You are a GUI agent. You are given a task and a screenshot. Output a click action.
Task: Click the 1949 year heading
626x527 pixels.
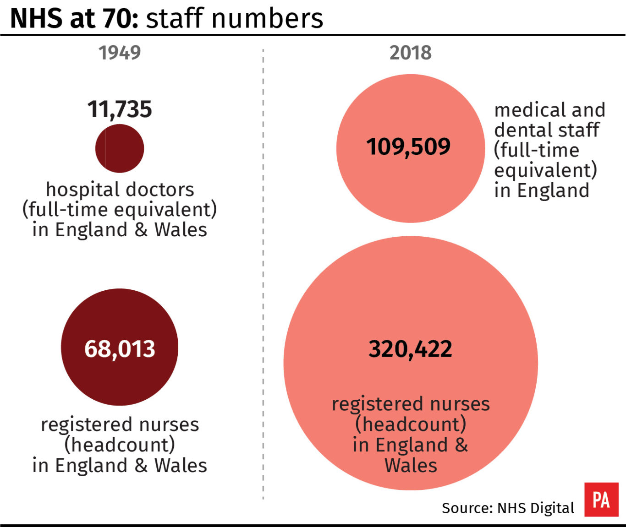point(120,53)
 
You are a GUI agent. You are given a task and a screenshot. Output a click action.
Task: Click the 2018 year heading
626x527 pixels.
point(410,53)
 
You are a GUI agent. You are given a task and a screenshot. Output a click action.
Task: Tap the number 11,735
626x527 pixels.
point(120,109)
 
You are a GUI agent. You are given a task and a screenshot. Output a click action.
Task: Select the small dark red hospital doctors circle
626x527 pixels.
point(120,148)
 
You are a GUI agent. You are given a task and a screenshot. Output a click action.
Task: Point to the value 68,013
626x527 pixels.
point(120,349)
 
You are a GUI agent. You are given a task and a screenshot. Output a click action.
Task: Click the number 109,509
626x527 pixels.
point(408,147)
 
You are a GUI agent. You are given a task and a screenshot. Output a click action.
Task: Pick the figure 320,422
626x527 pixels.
point(410,349)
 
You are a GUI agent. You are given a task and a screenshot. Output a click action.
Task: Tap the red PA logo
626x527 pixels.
point(601,500)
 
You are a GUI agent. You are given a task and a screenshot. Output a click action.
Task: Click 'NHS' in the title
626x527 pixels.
point(37,18)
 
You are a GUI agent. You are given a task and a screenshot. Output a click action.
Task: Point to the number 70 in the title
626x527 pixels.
point(123,18)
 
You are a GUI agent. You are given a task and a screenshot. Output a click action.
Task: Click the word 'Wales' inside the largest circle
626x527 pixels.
point(411,466)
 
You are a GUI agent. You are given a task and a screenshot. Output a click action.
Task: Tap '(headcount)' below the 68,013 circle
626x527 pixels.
point(120,445)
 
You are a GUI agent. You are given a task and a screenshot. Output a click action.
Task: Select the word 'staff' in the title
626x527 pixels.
point(174,18)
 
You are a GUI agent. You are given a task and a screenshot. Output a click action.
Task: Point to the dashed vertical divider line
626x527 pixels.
point(263,275)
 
